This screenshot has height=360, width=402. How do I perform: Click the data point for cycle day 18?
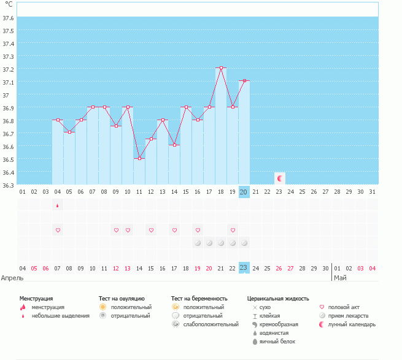coord(221,68)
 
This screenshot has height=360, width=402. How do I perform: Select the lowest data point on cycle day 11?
coord(139,158)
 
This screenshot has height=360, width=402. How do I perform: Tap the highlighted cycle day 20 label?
coord(244,192)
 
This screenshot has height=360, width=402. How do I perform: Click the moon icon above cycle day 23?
coord(280,178)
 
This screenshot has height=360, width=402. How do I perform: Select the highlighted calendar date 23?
coord(244,267)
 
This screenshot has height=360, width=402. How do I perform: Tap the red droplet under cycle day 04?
coord(58,205)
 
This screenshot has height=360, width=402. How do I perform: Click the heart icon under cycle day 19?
coord(233,230)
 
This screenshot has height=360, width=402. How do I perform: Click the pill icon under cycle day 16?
coord(198,243)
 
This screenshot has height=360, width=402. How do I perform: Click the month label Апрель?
coord(13,278)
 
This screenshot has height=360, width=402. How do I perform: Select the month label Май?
coord(340,278)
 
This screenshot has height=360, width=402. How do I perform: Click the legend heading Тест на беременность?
coord(203,298)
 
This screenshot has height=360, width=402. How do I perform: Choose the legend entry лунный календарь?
coord(352,324)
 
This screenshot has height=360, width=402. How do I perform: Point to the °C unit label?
coord(9,4)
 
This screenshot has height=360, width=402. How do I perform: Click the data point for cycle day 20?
coord(244,81)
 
